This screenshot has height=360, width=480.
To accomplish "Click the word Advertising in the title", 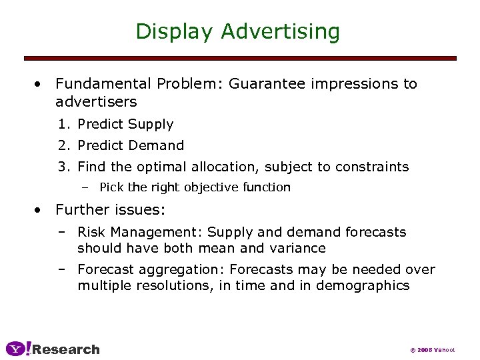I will (x=281, y=31).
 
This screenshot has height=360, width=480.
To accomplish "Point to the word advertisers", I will (x=96, y=102).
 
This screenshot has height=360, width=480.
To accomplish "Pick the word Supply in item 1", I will (x=151, y=124).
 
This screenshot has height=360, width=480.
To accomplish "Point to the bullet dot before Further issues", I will (x=41, y=210).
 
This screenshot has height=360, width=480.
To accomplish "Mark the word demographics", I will (x=367, y=285).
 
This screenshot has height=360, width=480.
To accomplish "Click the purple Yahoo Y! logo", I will (x=18, y=349).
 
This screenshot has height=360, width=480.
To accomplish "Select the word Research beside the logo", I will (x=66, y=349).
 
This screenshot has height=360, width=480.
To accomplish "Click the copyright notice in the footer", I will (x=432, y=349).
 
